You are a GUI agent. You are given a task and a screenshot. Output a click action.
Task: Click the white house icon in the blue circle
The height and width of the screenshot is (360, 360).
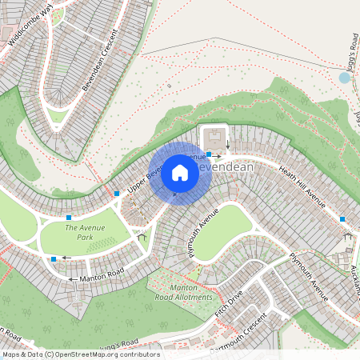click(x=180, y=172)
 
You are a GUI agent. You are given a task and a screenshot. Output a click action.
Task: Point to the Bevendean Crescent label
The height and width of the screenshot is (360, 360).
click(x=106, y=54)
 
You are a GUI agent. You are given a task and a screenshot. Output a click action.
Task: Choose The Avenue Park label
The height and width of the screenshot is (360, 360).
click(x=84, y=233)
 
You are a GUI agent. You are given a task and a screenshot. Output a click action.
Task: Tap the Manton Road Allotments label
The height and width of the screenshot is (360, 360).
click(x=191, y=292)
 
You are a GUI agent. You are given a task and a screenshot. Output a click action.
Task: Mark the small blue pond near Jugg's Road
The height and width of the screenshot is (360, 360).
click(x=345, y=78)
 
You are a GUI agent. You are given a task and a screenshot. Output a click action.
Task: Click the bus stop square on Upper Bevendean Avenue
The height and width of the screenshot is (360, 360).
click(x=117, y=194)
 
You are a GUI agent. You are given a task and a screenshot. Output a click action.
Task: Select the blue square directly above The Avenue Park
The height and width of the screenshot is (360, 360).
click(x=69, y=218)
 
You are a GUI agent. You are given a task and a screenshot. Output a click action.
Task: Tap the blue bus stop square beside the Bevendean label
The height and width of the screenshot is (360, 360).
click(x=209, y=154)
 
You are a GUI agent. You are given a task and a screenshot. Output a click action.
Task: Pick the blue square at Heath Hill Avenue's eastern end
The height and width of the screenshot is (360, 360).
click(x=342, y=219)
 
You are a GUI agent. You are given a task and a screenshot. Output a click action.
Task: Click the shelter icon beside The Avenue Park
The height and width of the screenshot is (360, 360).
click(x=142, y=236)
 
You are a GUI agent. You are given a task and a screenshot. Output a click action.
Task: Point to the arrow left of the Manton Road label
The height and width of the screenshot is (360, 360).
click(x=73, y=279)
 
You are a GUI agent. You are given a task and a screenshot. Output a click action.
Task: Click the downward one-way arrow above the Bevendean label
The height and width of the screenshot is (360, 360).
click(x=228, y=145)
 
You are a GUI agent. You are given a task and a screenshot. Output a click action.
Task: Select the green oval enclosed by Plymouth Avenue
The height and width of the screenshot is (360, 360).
click(x=223, y=232)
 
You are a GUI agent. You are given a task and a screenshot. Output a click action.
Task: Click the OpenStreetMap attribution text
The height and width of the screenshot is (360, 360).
click(x=80, y=354)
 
